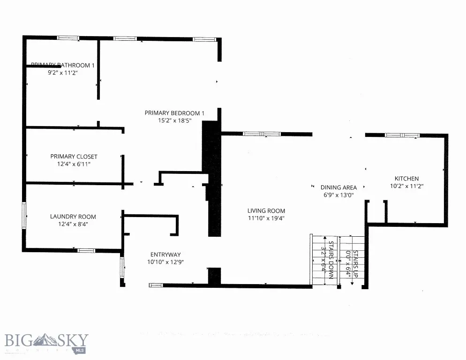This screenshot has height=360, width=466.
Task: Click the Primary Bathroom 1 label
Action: (x=63, y=65)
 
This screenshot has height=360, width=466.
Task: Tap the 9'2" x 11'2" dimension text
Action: (x=62, y=73)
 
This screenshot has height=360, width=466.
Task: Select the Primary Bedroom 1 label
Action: (x=174, y=113)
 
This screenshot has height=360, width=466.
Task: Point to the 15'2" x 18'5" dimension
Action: (x=174, y=121)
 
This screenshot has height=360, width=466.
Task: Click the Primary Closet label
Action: (x=74, y=157)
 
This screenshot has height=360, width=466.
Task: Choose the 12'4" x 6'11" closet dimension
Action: (x=74, y=165)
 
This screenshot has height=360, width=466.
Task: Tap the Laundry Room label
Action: (x=73, y=217)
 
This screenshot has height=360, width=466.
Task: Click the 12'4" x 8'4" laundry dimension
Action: (x=73, y=224)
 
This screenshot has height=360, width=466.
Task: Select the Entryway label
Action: (x=165, y=255)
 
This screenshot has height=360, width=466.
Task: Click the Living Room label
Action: (x=266, y=211)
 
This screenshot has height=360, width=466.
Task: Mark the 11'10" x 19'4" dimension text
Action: (x=266, y=218)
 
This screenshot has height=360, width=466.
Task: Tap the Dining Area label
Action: (x=338, y=187)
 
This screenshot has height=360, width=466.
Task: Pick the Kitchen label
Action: (x=406, y=179)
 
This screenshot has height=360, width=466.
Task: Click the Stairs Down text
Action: (x=331, y=260)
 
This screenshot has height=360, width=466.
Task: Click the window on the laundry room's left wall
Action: (x=24, y=216)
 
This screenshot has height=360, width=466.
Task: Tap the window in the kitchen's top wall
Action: (x=402, y=135)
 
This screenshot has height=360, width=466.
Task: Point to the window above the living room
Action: (x=262, y=134)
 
